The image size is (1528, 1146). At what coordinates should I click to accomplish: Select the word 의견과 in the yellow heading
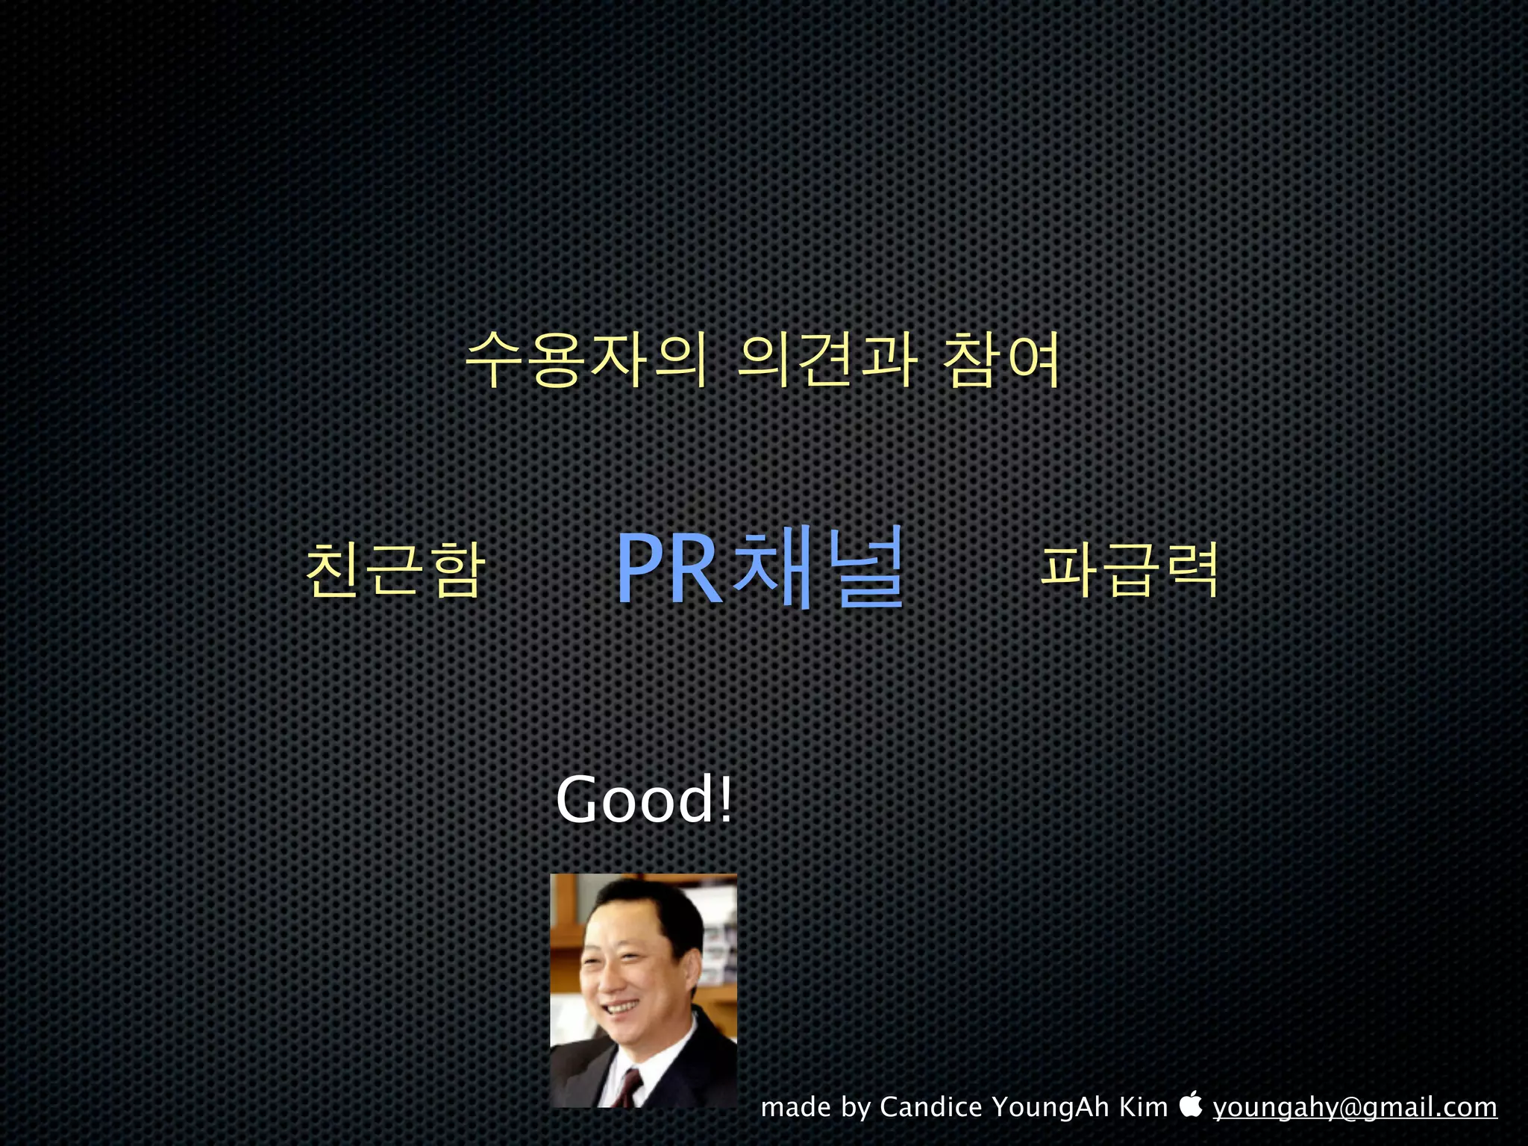[x=827, y=360]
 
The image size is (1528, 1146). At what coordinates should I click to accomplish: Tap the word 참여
[x=1001, y=360]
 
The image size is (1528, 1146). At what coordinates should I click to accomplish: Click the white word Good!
[x=643, y=800]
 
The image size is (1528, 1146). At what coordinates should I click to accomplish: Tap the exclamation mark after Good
[x=726, y=798]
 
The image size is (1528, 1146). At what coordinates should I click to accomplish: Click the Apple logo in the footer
[x=1192, y=1104]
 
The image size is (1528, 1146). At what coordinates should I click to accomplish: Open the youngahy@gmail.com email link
[x=1354, y=1107]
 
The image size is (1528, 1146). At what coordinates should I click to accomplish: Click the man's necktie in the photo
[x=630, y=1086]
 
